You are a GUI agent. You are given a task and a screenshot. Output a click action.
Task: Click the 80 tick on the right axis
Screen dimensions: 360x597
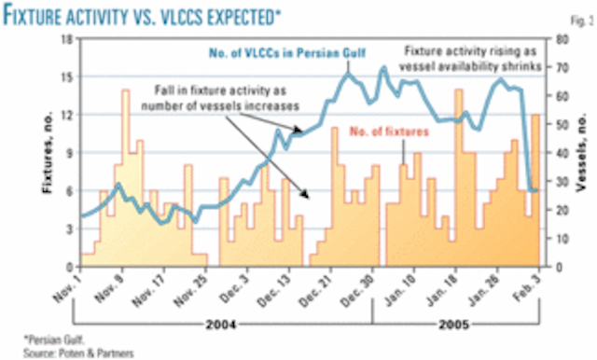click(x=558, y=38)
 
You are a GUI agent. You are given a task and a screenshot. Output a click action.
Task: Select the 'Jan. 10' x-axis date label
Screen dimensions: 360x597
click(x=393, y=292)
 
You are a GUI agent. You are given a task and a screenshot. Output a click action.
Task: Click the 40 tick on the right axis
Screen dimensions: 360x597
click(x=558, y=153)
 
